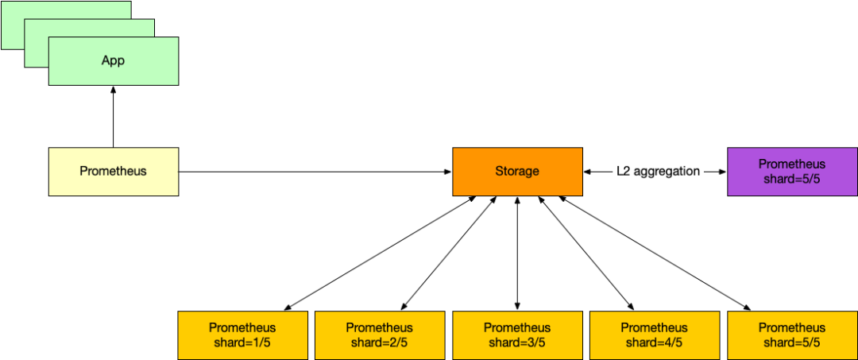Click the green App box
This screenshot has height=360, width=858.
[114, 61]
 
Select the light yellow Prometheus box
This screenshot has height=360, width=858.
[114, 171]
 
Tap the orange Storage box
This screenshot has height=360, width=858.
[517, 171]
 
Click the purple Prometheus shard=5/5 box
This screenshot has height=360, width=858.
[792, 171]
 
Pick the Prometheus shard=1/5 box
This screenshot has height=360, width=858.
[242, 335]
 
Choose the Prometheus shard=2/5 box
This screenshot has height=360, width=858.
[380, 335]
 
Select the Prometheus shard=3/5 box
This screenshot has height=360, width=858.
[517, 335]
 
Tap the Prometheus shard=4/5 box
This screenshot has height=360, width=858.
[655, 335]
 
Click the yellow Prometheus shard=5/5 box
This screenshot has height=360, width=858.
[792, 335]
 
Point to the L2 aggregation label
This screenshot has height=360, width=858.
[655, 171]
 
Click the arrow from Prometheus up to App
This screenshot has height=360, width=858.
[114, 117]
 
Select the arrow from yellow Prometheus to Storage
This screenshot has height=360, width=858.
[315, 172]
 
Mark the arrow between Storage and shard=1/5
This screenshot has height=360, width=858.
[380, 254]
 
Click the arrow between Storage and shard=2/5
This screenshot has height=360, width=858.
[449, 254]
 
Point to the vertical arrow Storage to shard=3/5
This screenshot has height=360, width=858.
[517, 254]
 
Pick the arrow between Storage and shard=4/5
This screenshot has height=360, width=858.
[586, 254]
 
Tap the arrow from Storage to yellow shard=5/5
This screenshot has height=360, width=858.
[655, 254]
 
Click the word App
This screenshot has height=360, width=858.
[114, 60]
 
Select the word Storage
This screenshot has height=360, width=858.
[517, 171]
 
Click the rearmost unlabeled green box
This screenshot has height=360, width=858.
[13, 25]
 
